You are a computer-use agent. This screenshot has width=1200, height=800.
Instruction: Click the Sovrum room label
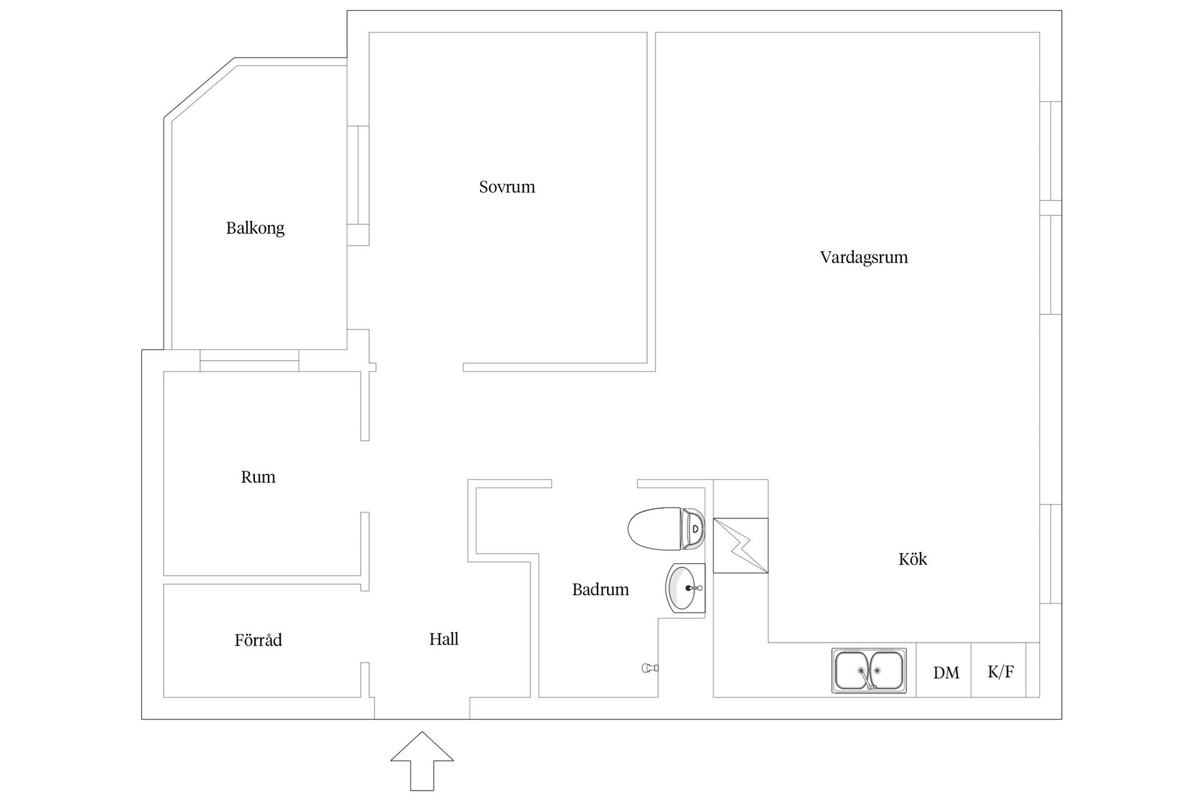pos(507,187)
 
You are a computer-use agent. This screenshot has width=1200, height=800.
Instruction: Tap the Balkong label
pos(255,228)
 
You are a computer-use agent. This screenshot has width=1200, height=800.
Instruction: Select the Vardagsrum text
pos(864,257)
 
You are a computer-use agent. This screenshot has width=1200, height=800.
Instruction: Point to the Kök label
pos(912,559)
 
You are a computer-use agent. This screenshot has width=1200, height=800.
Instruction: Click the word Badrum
pos(600,589)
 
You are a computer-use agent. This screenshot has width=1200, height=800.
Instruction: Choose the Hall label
pos(444,639)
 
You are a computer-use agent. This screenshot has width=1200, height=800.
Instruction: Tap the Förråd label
pos(258,640)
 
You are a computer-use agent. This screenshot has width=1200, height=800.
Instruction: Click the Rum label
pos(258,477)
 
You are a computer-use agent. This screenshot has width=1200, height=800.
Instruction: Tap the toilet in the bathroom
pos(665,529)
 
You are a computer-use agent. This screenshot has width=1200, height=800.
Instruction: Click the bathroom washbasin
pos(685,588)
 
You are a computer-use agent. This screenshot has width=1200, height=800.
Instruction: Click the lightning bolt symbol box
pos(741,545)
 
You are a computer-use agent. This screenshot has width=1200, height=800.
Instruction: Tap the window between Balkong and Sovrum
pos(358,175)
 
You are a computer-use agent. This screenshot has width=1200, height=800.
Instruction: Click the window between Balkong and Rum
pos(249,361)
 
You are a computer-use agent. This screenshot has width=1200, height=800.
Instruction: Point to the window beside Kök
pos(1051,554)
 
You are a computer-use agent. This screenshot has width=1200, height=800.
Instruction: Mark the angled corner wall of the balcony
pos(199,87)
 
